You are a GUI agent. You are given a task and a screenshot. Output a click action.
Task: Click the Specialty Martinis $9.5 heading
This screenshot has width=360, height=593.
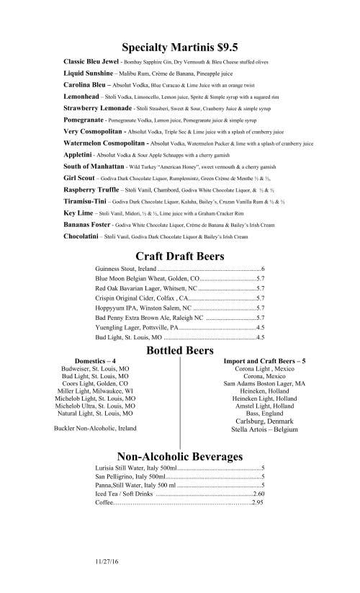(x=180, y=48)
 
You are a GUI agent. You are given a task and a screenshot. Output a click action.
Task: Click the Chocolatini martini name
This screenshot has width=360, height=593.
(x=81, y=236)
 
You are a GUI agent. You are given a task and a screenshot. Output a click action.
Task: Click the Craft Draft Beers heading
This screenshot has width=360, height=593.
(x=180, y=256)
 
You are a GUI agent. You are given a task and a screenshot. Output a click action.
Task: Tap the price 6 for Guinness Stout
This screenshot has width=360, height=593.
(x=263, y=269)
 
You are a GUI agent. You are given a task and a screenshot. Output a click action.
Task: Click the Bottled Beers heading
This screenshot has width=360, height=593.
(x=180, y=350)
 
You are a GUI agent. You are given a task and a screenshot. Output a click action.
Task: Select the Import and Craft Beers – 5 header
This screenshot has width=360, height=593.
(x=265, y=360)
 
